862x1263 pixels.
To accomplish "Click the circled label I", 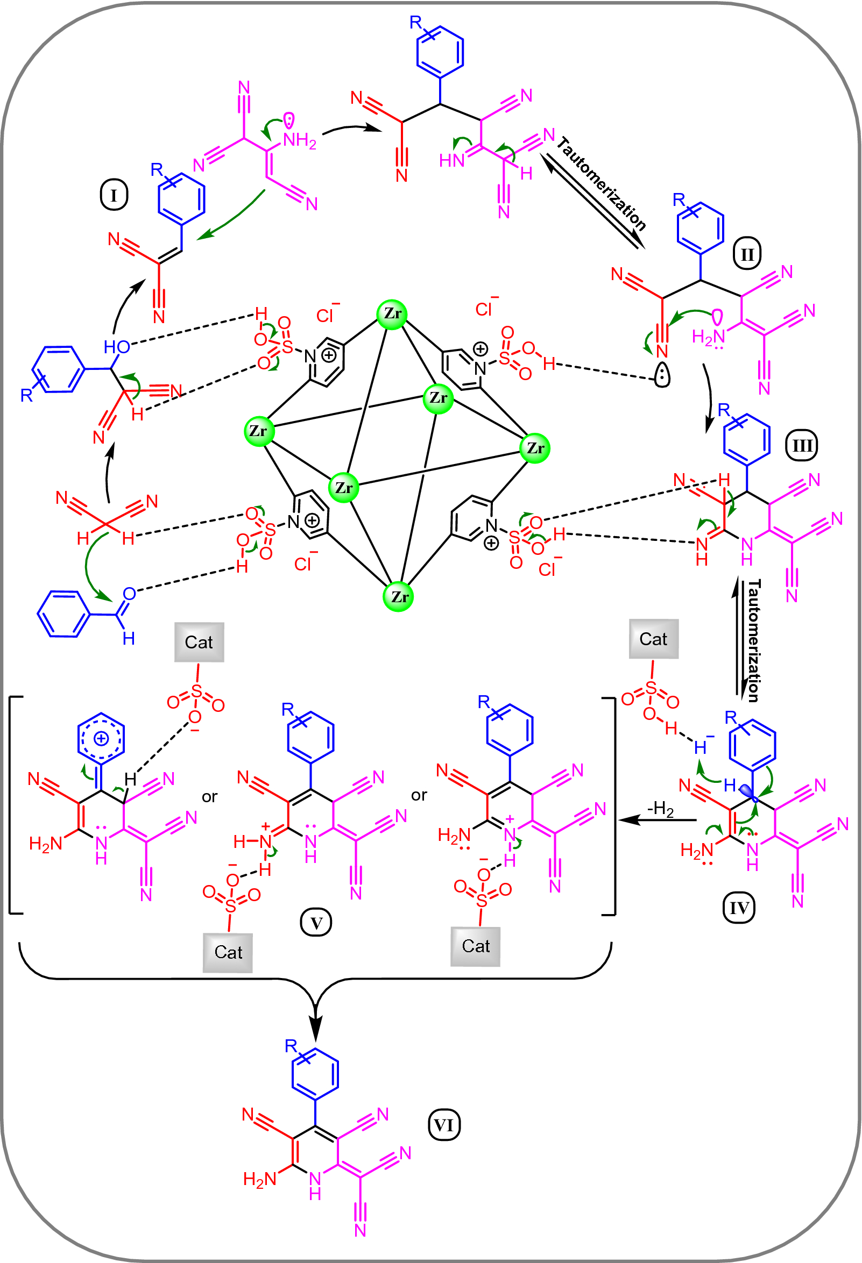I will pyautogui.click(x=114, y=195).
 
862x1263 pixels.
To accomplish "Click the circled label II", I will pyautogui.click(x=747, y=254).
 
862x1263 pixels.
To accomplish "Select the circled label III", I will pyautogui.click(x=802, y=446).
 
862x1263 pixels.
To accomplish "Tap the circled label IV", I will pyautogui.click(x=739, y=908).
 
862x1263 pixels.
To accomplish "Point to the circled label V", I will pyautogui.click(x=316, y=923).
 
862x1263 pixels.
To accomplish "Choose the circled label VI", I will pyautogui.click(x=444, y=1125).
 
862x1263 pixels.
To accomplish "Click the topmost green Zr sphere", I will pyautogui.click(x=392, y=314).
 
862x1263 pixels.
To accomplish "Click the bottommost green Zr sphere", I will pyautogui.click(x=399, y=597).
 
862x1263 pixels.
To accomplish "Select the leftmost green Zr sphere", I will pyautogui.click(x=259, y=432).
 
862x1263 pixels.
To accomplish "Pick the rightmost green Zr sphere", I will pyautogui.click(x=535, y=448).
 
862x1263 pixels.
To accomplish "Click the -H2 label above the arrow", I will pyautogui.click(x=660, y=809).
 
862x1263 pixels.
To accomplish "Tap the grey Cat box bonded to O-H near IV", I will pyautogui.click(x=653, y=639).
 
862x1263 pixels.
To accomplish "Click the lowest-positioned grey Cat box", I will pyautogui.click(x=227, y=952).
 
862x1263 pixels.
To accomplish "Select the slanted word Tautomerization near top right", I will pyautogui.click(x=601, y=184).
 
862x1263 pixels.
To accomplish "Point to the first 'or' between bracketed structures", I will pyautogui.click(x=209, y=797).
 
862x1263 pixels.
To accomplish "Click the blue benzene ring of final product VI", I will pyautogui.click(x=315, y=1074).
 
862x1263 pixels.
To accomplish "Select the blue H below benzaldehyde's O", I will pyautogui.click(x=129, y=639).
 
